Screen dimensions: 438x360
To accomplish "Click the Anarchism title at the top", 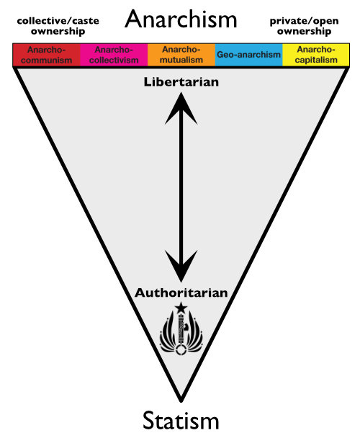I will (x=180, y=19).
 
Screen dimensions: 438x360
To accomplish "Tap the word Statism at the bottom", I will (x=180, y=419).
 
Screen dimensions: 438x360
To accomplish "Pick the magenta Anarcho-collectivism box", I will (x=114, y=55).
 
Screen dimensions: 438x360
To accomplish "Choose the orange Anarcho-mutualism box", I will (x=181, y=55).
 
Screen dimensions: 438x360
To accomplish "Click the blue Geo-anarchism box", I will (x=248, y=55).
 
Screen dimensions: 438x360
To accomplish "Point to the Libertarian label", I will (x=181, y=82).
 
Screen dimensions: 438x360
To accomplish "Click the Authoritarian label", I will (x=181, y=293).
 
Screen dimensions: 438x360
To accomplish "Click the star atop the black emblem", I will (x=180, y=308).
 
